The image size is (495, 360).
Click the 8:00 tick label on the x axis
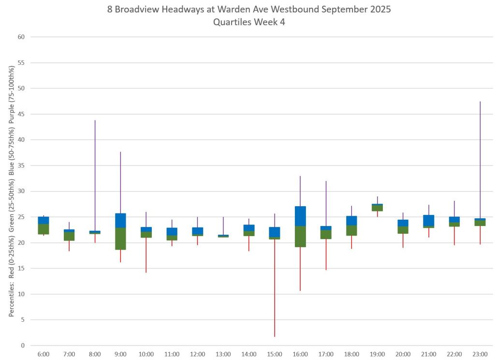[x=95, y=354]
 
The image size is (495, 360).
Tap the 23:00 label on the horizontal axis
[x=480, y=354]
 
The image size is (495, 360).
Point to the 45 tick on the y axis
[x=21, y=114]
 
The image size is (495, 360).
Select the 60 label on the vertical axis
[x=21, y=37]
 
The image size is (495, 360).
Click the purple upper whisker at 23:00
[x=480, y=160]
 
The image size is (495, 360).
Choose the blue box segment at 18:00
[x=351, y=221]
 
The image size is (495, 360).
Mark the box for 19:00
[x=377, y=208]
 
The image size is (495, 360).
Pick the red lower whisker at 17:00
[x=326, y=255]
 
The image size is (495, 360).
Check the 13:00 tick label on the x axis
[x=223, y=354]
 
